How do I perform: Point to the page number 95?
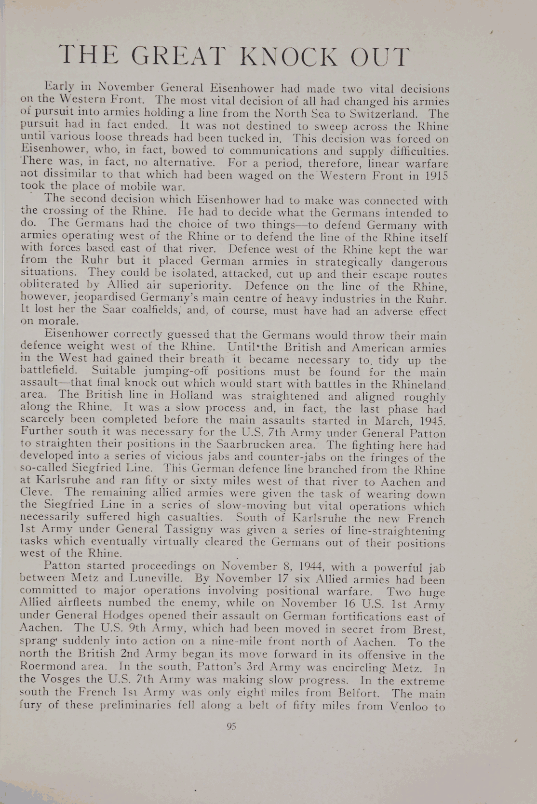(231, 727)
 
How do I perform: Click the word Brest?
(430, 630)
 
